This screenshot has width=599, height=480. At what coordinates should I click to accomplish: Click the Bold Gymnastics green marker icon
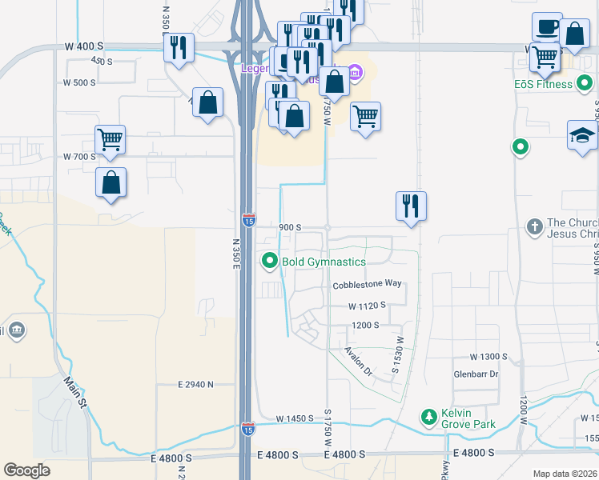click(270, 261)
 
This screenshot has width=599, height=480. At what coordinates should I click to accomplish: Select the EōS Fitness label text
click(544, 84)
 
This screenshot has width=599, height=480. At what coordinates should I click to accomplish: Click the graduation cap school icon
click(582, 136)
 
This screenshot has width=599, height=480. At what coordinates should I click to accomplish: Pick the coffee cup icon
click(547, 27)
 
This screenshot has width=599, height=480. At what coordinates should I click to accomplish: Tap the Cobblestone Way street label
click(367, 284)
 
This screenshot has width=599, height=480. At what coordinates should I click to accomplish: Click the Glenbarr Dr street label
click(476, 374)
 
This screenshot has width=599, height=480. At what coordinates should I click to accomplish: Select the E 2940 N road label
click(195, 385)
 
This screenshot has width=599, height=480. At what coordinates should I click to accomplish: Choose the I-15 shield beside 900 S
click(249, 218)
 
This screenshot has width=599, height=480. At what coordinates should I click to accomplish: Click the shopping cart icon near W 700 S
click(110, 139)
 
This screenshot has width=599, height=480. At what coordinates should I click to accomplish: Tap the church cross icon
click(534, 227)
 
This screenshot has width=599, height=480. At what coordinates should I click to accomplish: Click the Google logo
click(26, 470)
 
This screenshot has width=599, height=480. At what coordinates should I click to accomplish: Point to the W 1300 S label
click(489, 356)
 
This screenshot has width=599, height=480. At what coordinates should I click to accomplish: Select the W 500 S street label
click(80, 82)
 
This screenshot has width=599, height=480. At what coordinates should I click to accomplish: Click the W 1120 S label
click(367, 306)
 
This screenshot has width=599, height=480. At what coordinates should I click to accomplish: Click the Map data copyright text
click(565, 474)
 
